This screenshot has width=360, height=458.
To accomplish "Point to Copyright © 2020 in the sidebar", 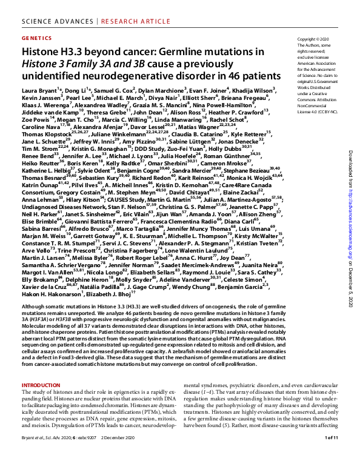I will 312,39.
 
